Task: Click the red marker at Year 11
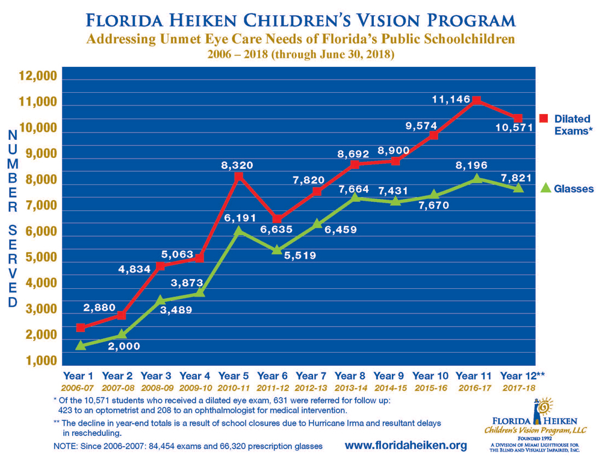476,100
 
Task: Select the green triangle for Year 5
238,230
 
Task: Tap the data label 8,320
238,165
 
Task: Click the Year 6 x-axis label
276,376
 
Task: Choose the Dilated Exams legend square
544,118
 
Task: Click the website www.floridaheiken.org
406,446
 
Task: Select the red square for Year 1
81,327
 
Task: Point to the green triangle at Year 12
517,188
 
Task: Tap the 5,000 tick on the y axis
39,258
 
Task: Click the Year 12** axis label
521,376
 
